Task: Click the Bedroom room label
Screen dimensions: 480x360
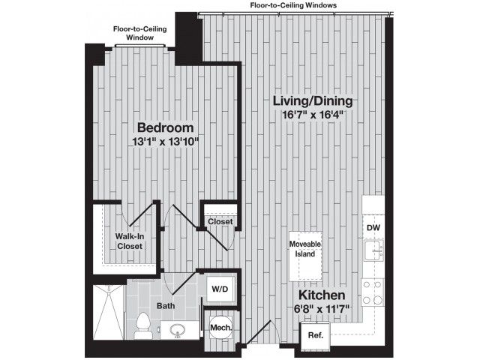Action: pyautogui.click(x=165, y=127)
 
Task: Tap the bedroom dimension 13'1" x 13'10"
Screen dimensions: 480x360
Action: pyautogui.click(x=166, y=142)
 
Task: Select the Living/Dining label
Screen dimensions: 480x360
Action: pyautogui.click(x=313, y=100)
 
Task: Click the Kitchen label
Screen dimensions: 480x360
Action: pyautogui.click(x=322, y=295)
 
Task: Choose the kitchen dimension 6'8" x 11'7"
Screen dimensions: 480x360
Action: pyautogui.click(x=322, y=308)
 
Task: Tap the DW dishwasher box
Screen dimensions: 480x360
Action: pyautogui.click(x=373, y=227)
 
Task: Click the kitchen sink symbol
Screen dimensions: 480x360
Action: pyautogui.click(x=373, y=250)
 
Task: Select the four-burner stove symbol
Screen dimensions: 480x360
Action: pyautogui.click(x=372, y=292)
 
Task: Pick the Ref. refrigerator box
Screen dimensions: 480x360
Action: pyautogui.click(x=315, y=335)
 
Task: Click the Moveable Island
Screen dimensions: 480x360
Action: pyautogui.click(x=305, y=256)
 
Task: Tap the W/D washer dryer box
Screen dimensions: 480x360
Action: pyautogui.click(x=221, y=289)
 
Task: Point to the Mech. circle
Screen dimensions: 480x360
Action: pyautogui.click(x=220, y=327)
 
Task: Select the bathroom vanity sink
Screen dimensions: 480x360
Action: pyautogui.click(x=178, y=331)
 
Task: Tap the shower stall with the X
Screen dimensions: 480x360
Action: pyautogui.click(x=109, y=312)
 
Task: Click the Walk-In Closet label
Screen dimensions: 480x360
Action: pyautogui.click(x=130, y=241)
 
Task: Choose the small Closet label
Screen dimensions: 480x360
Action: pyautogui.click(x=220, y=221)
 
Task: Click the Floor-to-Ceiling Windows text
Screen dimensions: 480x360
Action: pyautogui.click(x=293, y=5)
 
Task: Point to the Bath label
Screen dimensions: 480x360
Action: pyautogui.click(x=166, y=305)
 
